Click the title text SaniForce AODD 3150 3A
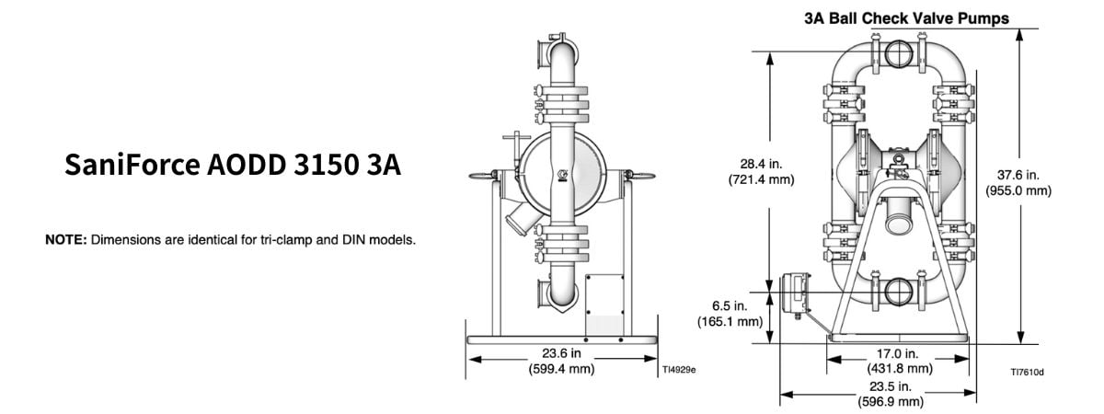(x=233, y=165)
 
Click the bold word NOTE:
(x=66, y=240)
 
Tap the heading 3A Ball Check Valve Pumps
(x=907, y=18)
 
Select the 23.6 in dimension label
(x=561, y=353)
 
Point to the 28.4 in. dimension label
(x=761, y=164)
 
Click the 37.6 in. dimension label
(x=1018, y=175)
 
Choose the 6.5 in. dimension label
(x=730, y=306)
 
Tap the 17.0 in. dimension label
(x=898, y=354)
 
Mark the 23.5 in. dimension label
(x=891, y=386)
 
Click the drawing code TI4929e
(x=679, y=370)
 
